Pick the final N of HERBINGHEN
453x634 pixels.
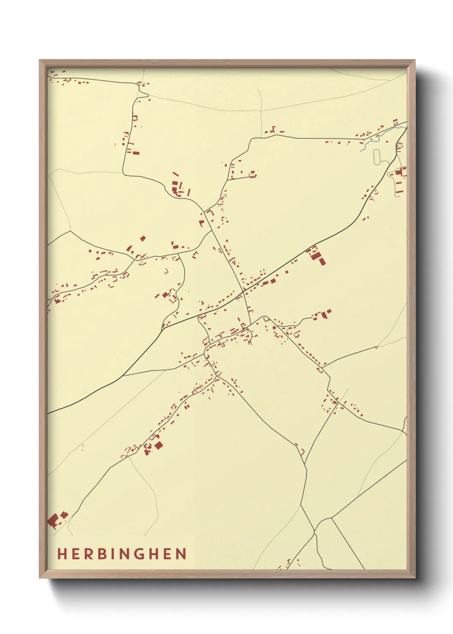click(x=181, y=554)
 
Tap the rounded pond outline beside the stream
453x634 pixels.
click(x=377, y=156)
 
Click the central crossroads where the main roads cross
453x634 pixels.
click(x=243, y=291)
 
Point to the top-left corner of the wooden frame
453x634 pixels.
click(x=40, y=61)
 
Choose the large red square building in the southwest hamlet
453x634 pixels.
click(x=158, y=446)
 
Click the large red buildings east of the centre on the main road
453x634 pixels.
click(x=319, y=257)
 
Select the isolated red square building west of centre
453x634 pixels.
click(x=143, y=238)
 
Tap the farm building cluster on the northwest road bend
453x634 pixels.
click(x=175, y=188)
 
